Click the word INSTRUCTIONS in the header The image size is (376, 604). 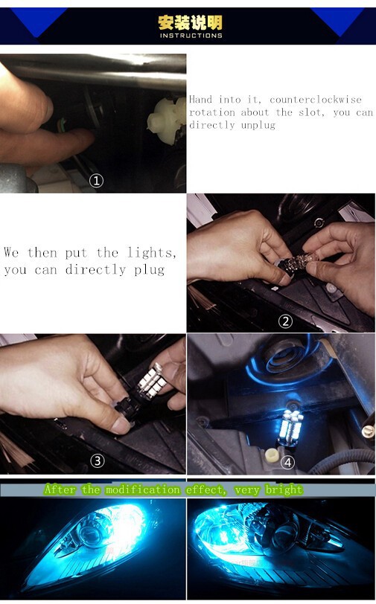[191, 36]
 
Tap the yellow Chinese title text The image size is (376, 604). [191, 23]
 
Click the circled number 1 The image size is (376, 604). [96, 180]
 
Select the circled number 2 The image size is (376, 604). [285, 321]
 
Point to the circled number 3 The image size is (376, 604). [98, 460]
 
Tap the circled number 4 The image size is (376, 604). [287, 462]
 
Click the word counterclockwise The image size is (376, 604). [316, 100]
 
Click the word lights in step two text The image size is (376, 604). [152, 253]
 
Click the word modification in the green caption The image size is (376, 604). [143, 489]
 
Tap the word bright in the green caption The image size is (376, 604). [284, 490]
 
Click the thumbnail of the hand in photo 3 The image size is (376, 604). [121, 425]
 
